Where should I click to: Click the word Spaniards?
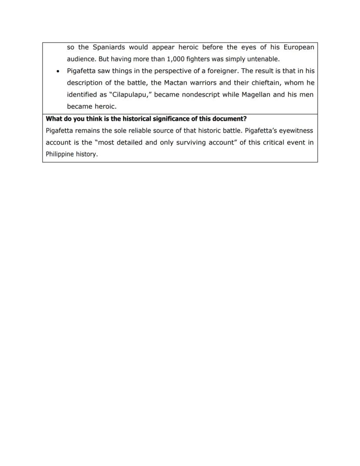pyautogui.click(x=108, y=47)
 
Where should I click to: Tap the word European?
pyautogui.click(x=299, y=47)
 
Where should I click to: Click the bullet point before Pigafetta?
pyautogui.click(x=57, y=71)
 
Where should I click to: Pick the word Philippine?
pyautogui.click(x=60, y=154)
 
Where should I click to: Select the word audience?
pyautogui.click(x=81, y=59)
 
